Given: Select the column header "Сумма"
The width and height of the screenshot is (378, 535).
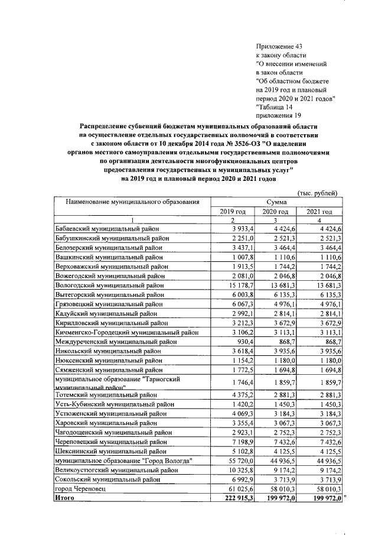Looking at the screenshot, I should (x=276, y=202).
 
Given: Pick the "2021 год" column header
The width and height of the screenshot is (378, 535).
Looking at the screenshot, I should (x=319, y=212).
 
